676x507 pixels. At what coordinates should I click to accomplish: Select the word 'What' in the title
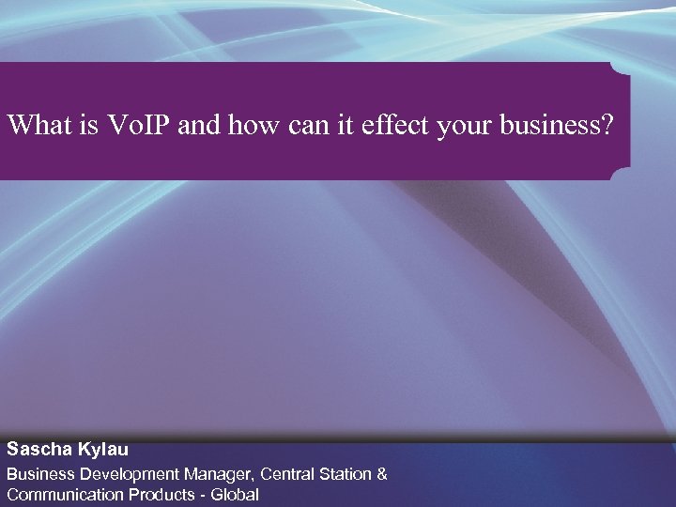[37, 125]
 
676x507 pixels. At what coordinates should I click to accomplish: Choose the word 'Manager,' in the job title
[218, 474]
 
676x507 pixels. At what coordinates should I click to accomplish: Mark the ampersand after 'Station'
[382, 474]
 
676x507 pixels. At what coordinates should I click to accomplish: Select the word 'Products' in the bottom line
[161, 495]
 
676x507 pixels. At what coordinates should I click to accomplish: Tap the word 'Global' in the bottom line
[235, 495]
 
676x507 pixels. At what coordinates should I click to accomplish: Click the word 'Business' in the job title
[41, 474]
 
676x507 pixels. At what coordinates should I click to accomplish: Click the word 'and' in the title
[197, 125]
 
